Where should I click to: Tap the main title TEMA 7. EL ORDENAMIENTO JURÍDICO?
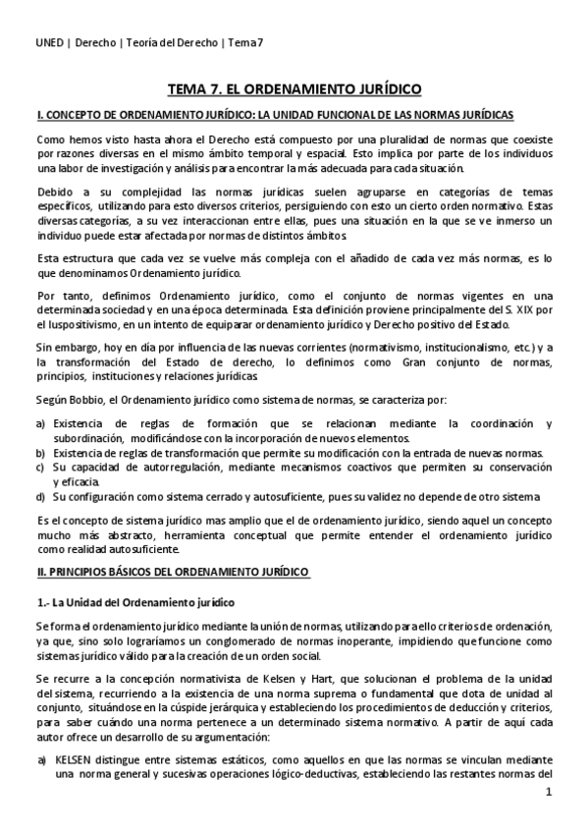294,89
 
